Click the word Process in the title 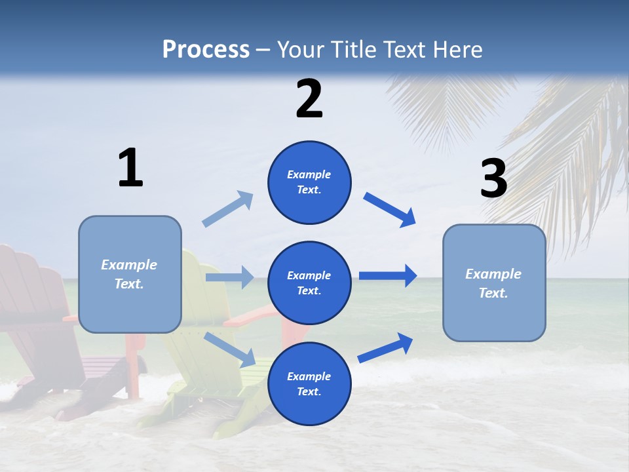point(206,50)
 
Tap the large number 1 point(130,168)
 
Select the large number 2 point(309,98)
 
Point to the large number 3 point(493,178)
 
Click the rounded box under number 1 point(130,274)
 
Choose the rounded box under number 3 point(494,283)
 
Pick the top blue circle point(309,182)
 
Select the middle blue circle point(309,283)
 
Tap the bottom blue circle point(309,383)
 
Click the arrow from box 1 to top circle point(228,208)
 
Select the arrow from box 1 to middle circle point(229,277)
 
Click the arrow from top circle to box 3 point(389,209)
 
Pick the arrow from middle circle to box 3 point(387,276)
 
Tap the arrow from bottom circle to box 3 point(386,348)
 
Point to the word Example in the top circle point(309,174)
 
